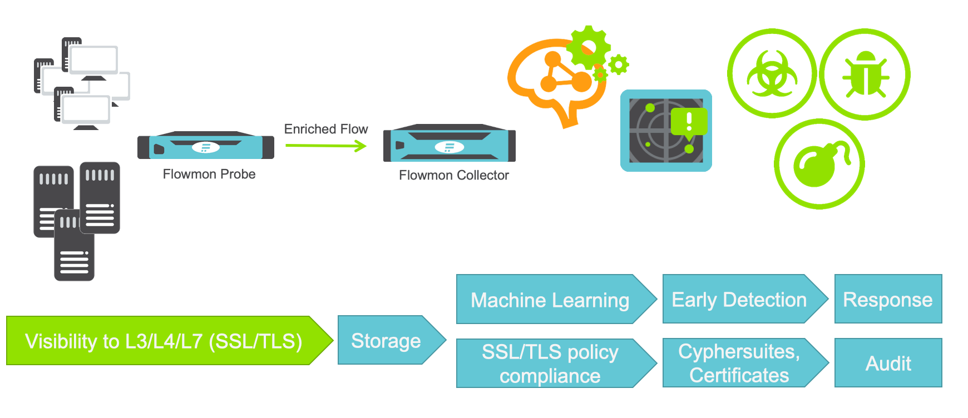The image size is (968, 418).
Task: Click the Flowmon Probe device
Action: [x=206, y=146]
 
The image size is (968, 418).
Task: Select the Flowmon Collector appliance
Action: [x=450, y=144]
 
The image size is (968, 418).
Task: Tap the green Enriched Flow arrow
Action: [x=325, y=146]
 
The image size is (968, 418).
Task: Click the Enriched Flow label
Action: [x=326, y=129]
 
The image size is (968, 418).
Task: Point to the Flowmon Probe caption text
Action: [x=209, y=174]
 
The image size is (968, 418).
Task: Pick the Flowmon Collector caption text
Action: [x=454, y=175]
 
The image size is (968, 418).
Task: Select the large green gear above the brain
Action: [x=588, y=48]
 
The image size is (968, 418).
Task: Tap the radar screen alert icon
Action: [x=666, y=131]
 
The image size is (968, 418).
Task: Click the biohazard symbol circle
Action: [x=772, y=73]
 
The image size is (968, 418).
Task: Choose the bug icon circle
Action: [x=865, y=74]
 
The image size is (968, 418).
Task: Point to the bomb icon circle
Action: [x=819, y=164]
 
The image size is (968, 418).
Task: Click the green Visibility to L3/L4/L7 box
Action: [x=164, y=341]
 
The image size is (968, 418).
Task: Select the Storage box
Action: [x=386, y=340]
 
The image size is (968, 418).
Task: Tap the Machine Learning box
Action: [x=550, y=300]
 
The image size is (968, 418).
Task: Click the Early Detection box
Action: [x=739, y=299]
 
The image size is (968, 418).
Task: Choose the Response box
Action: [x=888, y=299]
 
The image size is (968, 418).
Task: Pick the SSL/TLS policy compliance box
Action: [x=550, y=364]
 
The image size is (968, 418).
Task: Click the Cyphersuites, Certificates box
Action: [x=739, y=363]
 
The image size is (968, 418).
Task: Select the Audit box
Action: [x=888, y=363]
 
